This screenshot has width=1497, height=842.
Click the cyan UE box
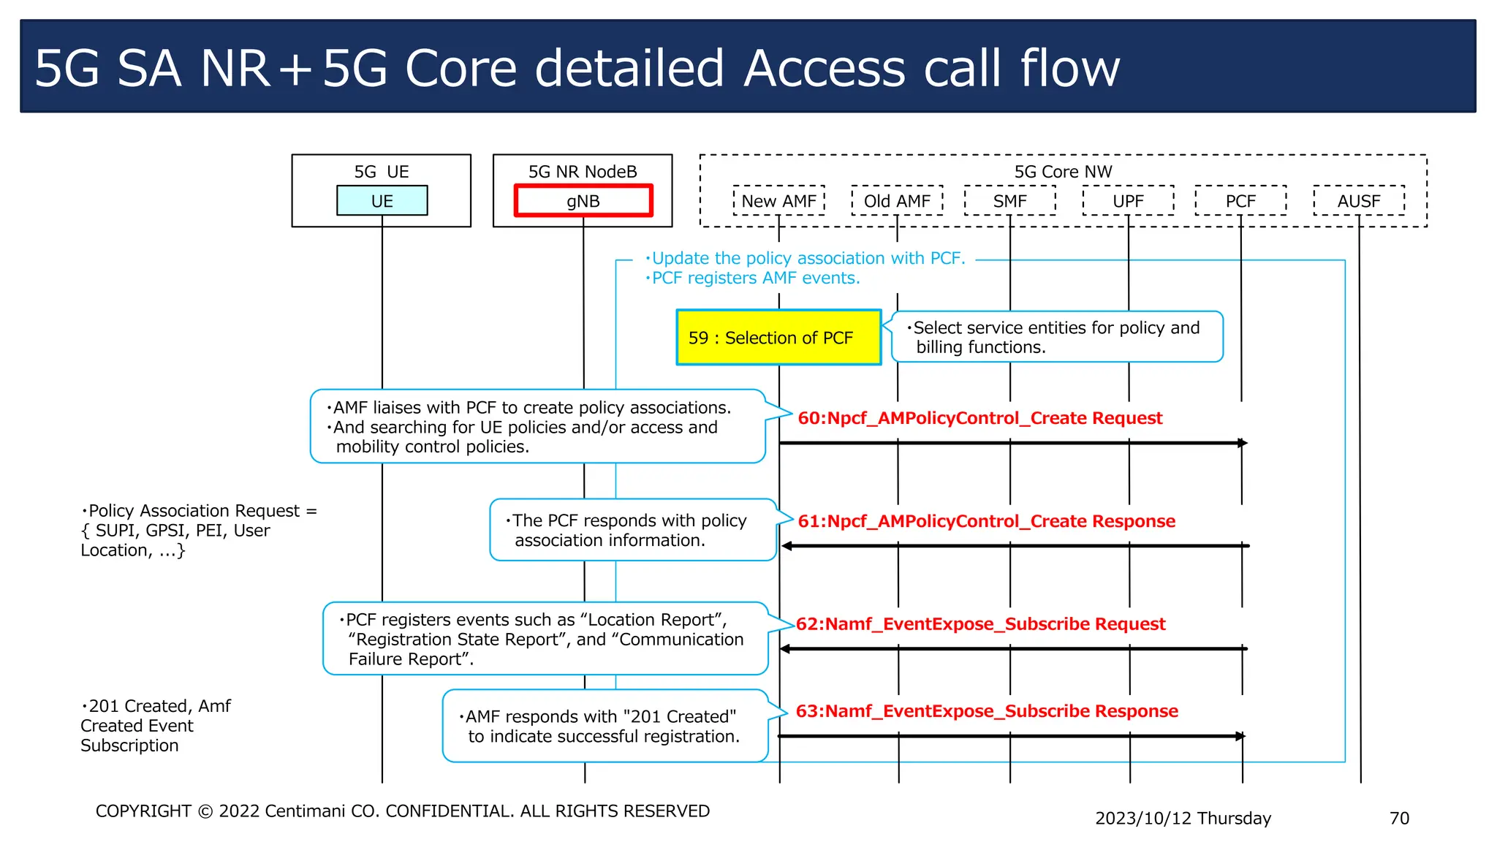(382, 201)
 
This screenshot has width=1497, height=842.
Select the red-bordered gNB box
(583, 201)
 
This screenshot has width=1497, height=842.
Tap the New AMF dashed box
(778, 201)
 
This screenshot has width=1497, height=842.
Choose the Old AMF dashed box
(897, 201)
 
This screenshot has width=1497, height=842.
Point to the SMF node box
(1009, 201)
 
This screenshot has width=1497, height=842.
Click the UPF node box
(1128, 201)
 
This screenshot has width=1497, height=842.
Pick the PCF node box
(1240, 201)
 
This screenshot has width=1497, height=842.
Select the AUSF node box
(1359, 201)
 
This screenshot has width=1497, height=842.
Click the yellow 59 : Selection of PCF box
(778, 338)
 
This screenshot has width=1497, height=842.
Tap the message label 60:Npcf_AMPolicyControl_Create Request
(979, 418)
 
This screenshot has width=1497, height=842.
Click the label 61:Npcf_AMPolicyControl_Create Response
(986, 521)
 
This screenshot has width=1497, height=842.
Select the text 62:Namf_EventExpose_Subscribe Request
(980, 624)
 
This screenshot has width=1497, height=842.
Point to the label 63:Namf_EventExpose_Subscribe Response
(987, 711)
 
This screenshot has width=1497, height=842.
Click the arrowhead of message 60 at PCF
(1242, 443)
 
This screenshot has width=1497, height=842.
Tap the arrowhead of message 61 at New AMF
(787, 546)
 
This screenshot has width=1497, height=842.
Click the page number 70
(1399, 818)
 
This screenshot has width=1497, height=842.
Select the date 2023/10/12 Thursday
(1183, 818)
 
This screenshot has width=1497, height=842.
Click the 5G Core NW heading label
(1063, 172)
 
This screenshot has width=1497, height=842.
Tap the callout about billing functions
(1056, 337)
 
